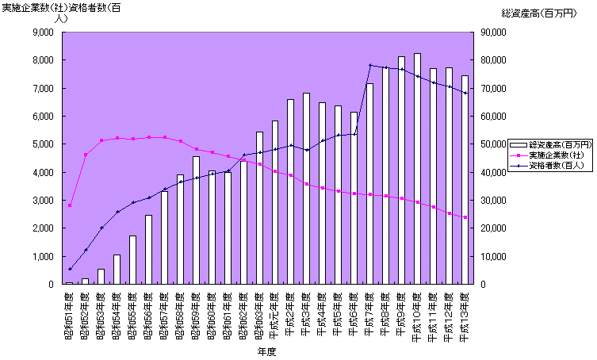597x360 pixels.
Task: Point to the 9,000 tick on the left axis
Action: tap(40, 33)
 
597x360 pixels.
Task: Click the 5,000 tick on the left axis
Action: tap(40, 144)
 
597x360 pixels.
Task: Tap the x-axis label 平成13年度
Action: tap(465, 314)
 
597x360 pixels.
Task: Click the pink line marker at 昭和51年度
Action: tap(70, 205)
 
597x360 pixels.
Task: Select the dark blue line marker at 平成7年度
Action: tap(370, 65)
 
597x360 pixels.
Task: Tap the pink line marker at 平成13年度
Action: tap(465, 217)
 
